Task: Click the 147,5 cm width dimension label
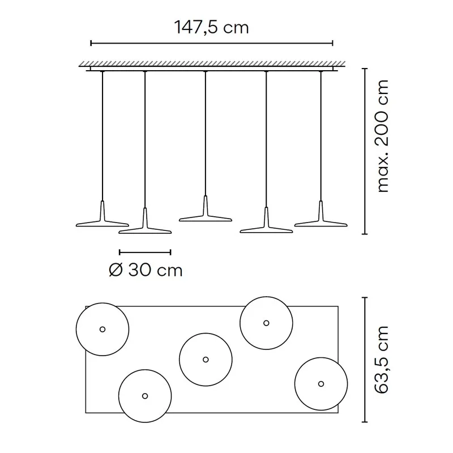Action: (x=211, y=28)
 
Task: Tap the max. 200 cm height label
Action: (x=383, y=136)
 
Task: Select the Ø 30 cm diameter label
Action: (x=146, y=271)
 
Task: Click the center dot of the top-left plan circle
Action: (x=102, y=329)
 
